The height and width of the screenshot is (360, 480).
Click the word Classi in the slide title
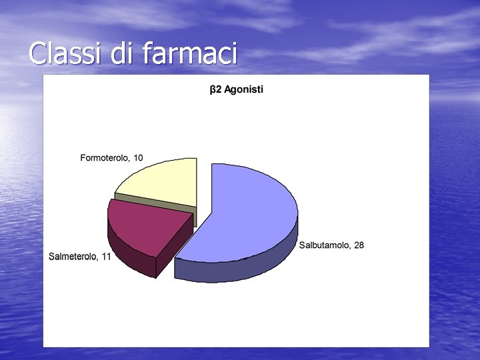pos(65,53)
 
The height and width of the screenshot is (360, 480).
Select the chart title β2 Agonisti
pos(237,89)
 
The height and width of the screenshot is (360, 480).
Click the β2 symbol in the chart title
pos(215,89)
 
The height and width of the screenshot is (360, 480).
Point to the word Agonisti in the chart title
pos(243,89)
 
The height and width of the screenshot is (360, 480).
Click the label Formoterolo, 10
pos(111,158)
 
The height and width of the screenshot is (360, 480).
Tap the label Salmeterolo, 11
pos(80,257)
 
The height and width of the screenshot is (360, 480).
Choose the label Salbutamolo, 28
pos(331,245)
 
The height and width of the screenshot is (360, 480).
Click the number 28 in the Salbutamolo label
pos(359,245)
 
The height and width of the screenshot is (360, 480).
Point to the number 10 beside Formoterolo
pos(137,158)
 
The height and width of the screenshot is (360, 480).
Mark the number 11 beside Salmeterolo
pos(106,257)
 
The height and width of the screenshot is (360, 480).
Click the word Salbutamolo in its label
pos(325,245)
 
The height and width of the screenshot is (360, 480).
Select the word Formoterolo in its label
pos(105,158)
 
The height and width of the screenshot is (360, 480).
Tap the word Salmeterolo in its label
pos(73,257)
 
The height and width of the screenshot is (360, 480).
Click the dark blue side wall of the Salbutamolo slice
pos(240,267)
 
